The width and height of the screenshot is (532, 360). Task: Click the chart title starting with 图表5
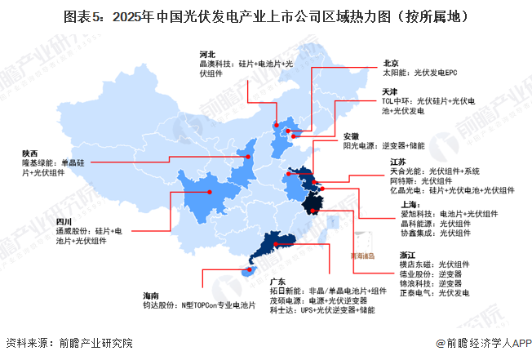[x=265, y=15]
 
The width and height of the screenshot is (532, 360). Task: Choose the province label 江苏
[x=399, y=162]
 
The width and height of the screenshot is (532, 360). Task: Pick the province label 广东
[x=278, y=279]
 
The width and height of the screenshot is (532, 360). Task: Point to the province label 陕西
[x=30, y=153]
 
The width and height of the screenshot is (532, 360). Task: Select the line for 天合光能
[x=436, y=171]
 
